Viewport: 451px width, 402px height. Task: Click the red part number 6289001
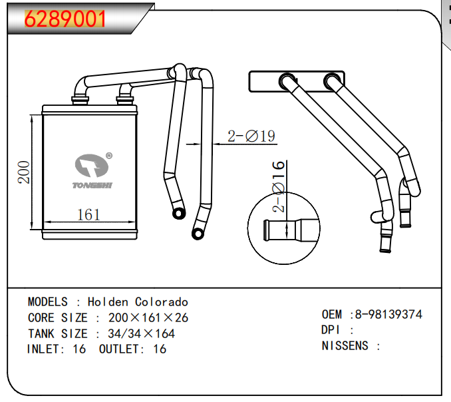click(x=65, y=19)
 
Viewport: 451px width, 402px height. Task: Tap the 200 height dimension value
click(x=23, y=172)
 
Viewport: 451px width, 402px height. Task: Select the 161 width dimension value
click(x=88, y=214)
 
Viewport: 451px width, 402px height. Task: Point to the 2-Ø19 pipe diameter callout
click(x=251, y=136)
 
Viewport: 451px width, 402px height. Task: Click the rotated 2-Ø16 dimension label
click(x=279, y=186)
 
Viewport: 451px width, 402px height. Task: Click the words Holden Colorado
click(x=138, y=302)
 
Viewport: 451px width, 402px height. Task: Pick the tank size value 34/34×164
click(x=141, y=333)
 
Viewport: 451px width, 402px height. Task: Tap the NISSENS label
click(x=345, y=345)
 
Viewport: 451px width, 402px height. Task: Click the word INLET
click(x=45, y=349)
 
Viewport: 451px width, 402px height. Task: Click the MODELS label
click(x=47, y=302)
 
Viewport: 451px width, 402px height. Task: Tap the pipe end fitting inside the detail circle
click(x=286, y=230)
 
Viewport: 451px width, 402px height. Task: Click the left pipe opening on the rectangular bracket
click(x=287, y=81)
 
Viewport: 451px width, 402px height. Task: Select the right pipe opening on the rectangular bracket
click(x=331, y=81)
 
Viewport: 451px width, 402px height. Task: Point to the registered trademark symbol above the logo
click(x=109, y=156)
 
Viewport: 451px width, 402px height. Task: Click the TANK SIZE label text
click(x=57, y=333)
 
